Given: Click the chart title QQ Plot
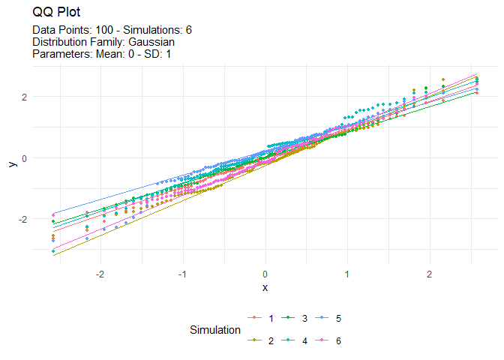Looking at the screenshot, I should click(x=58, y=13).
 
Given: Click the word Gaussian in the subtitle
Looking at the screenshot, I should click(x=147, y=42).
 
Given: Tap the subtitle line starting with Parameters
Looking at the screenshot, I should click(x=103, y=54).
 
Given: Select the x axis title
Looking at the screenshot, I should click(x=265, y=287).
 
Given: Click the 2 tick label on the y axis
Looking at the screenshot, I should click(x=23, y=97).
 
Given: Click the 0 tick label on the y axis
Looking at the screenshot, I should click(x=23, y=157).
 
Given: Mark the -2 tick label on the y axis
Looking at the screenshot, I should click(x=22, y=218).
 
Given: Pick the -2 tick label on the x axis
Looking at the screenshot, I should click(x=100, y=274).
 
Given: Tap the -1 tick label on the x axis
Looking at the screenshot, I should click(x=181, y=274).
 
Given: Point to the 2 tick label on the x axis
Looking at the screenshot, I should click(x=429, y=274).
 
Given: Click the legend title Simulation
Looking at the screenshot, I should click(x=215, y=329).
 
